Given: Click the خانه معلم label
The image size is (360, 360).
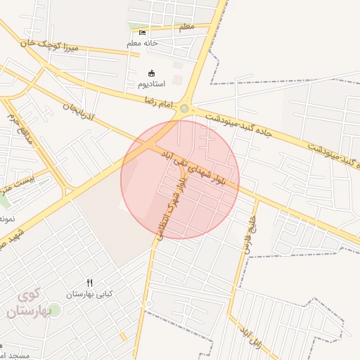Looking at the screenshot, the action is pyautogui.click(x=143, y=44).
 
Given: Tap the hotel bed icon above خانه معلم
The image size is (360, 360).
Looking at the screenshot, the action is pyautogui.click(x=143, y=32).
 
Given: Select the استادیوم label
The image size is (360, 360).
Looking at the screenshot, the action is pyautogui.click(x=151, y=84).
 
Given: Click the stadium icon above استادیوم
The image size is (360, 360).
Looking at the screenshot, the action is pyautogui.click(x=151, y=73).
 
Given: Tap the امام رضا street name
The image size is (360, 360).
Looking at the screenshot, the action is pyautogui.click(x=159, y=103).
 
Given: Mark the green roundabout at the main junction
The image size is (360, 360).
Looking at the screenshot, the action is pyautogui.click(x=184, y=108).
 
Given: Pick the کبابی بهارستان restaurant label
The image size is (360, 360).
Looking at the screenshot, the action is pyautogui.click(x=89, y=294).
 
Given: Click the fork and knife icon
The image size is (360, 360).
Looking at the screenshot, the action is pyautogui.click(x=89, y=283).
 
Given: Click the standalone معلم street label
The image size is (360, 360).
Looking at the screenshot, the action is pyautogui.click(x=186, y=27).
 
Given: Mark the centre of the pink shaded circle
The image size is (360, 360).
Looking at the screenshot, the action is pyautogui.click(x=180, y=179).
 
